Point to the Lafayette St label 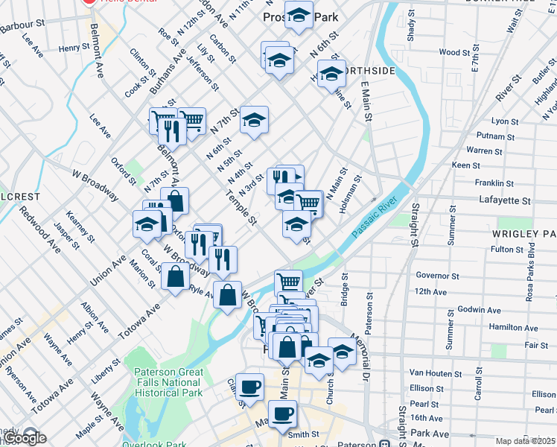click(x=504, y=201)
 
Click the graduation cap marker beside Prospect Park click(x=299, y=15)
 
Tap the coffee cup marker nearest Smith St click(x=282, y=413)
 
